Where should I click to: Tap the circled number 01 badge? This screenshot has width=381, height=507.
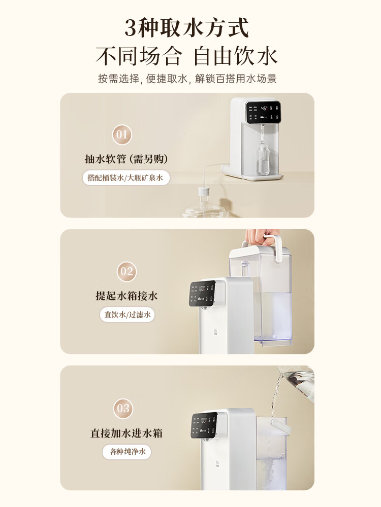122,135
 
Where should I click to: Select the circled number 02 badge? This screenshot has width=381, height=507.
126,271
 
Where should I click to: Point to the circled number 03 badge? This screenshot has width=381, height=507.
123,408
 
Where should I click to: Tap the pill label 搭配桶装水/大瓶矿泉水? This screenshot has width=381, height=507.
126,178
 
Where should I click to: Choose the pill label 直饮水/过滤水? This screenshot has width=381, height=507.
126,314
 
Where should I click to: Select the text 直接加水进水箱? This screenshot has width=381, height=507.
126,433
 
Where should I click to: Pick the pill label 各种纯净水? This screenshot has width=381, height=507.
126,451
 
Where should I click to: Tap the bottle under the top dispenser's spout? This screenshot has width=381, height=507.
262,160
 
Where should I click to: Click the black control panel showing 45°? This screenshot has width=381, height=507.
263,113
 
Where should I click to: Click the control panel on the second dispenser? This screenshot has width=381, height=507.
203,294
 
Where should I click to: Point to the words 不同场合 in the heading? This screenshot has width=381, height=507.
138,56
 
